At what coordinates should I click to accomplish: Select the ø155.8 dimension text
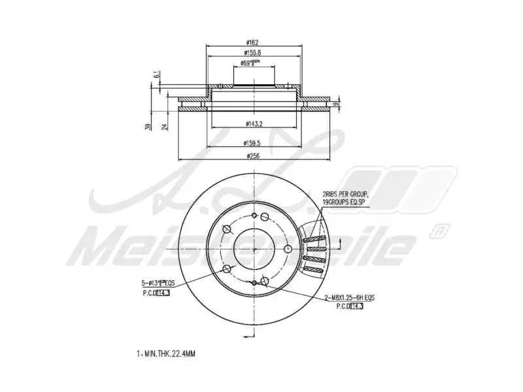point(254,52)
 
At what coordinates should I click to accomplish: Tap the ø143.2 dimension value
point(254,123)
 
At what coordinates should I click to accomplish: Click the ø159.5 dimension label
point(254,142)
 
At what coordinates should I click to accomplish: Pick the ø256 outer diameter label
point(254,156)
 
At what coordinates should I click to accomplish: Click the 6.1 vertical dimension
point(157,76)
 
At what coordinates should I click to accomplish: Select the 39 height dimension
point(149,127)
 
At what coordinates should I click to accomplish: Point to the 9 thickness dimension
point(335,104)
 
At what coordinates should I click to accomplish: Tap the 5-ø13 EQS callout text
point(159,283)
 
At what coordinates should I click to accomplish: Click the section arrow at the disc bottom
point(247,336)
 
